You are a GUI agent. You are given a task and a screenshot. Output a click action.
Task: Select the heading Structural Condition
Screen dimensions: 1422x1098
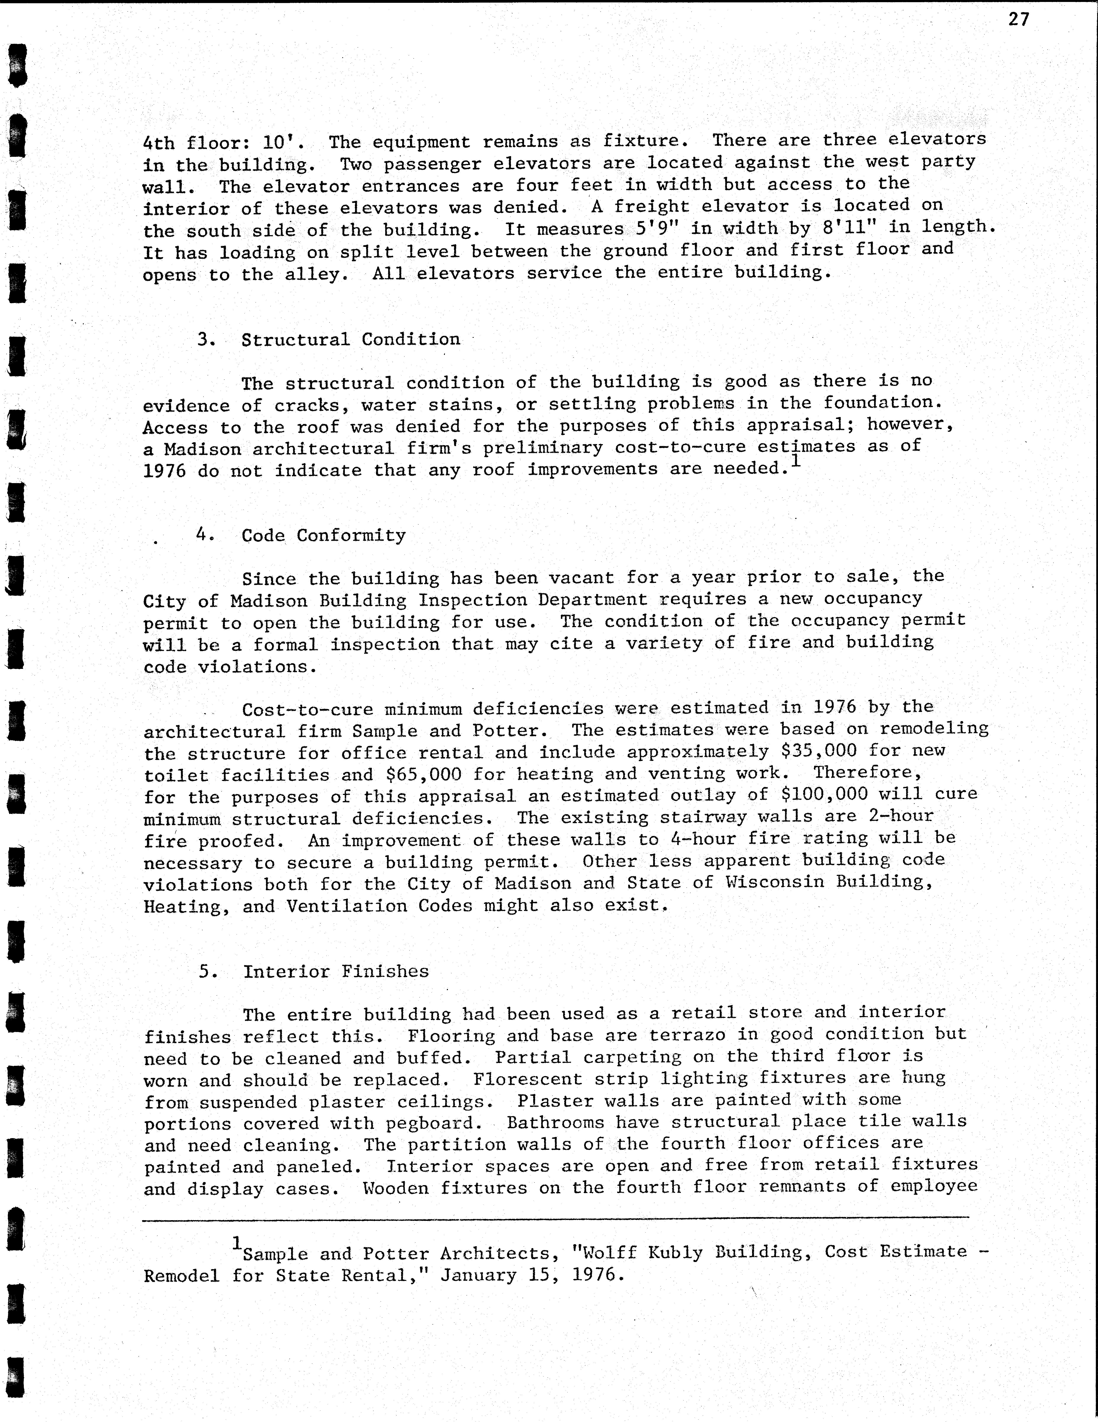coord(350,339)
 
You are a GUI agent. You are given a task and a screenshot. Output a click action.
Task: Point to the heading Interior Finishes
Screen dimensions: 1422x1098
coord(336,971)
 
